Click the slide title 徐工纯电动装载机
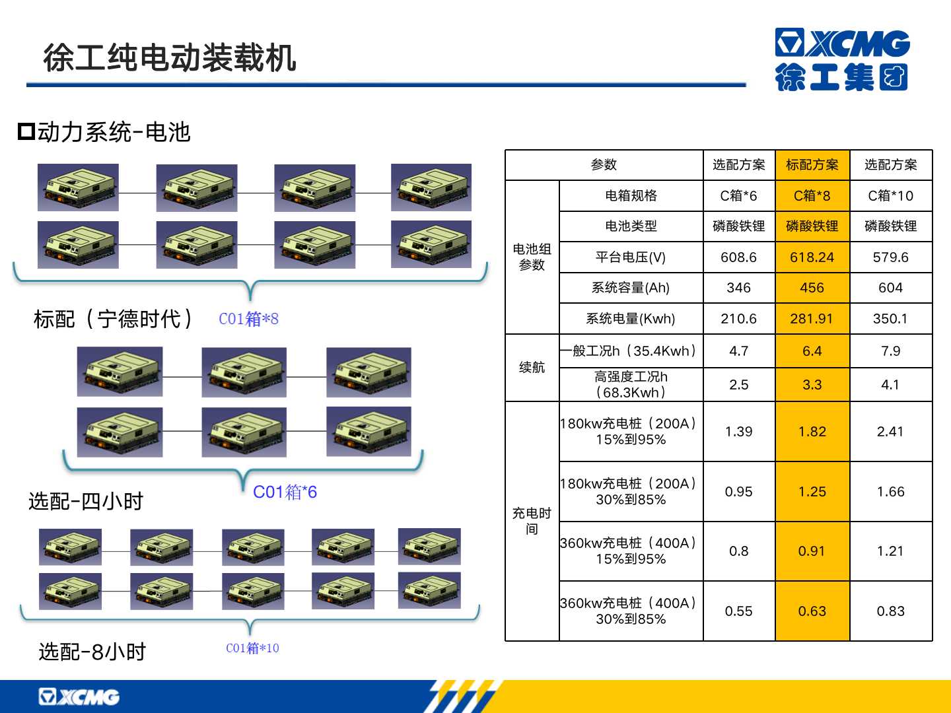tap(170, 57)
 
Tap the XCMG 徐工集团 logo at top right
tap(842, 59)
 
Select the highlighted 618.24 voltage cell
tap(812, 257)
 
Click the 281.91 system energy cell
tap(812, 319)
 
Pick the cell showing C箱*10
tap(890, 195)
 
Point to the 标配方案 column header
tap(812, 165)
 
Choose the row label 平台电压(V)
tap(631, 257)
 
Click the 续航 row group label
tap(532, 367)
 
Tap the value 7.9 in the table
tap(890, 351)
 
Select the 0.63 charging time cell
tap(812, 611)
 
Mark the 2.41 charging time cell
tap(890, 431)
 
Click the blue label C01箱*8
tap(249, 319)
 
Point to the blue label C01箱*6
tap(285, 492)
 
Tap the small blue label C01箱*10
tap(252, 648)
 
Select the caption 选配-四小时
tap(86, 501)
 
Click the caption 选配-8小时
tap(92, 652)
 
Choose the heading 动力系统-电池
tap(104, 131)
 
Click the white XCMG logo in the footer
tap(79, 697)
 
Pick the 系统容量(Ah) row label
tap(631, 287)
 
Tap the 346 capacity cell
tap(739, 287)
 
